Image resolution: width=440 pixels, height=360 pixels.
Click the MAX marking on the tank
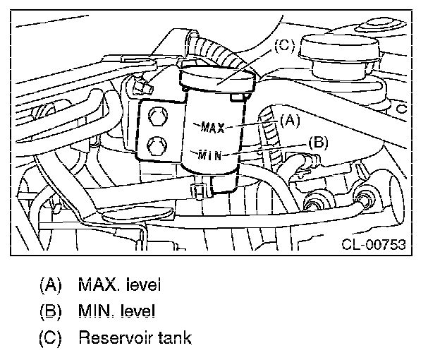click(212, 127)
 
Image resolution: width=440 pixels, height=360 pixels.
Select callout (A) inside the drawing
click(288, 121)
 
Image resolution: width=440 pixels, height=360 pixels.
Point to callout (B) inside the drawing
click(318, 142)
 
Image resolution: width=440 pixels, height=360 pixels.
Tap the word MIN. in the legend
click(97, 311)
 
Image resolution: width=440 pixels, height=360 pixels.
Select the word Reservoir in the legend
click(114, 337)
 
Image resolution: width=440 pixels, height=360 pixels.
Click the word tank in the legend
click(174, 337)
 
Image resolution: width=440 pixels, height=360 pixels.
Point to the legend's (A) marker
click(49, 285)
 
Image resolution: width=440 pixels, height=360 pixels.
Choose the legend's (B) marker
click(49, 311)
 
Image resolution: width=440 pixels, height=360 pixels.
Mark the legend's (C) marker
click(49, 337)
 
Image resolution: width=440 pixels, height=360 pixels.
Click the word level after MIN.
click(138, 311)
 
